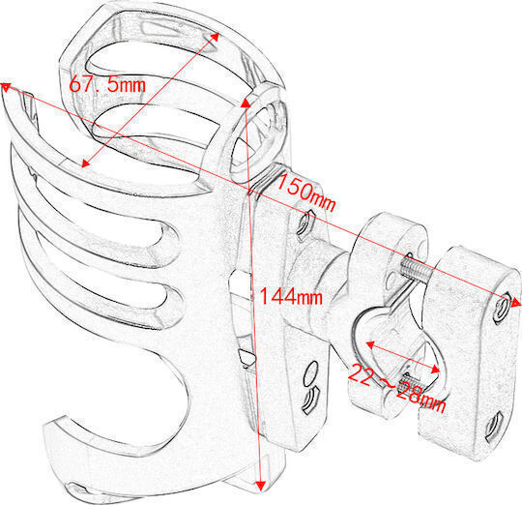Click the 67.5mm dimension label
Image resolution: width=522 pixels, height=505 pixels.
click(107, 84)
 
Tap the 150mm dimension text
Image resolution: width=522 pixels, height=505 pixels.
click(305, 193)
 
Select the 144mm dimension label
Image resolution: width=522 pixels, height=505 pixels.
click(291, 296)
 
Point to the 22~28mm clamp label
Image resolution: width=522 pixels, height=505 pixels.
click(397, 388)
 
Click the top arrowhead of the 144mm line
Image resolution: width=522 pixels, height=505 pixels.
click(246, 103)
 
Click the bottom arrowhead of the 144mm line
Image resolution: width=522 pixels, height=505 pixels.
click(261, 486)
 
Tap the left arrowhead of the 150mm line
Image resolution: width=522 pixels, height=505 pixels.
click(6, 87)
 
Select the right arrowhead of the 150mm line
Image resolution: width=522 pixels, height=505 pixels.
click(515, 303)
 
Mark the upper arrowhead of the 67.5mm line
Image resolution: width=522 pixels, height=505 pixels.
click(215, 37)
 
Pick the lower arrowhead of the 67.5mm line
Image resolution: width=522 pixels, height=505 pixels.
click(86, 163)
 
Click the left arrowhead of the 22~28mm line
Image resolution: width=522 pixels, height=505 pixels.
click(370, 344)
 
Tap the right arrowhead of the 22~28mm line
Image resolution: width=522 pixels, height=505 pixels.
click(435, 370)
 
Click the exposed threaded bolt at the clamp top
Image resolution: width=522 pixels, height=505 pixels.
click(416, 269)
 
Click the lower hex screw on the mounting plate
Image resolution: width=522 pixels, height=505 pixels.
click(309, 399)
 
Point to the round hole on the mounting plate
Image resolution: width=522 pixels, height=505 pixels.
click(311, 372)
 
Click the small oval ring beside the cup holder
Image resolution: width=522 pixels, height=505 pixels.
click(257, 133)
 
